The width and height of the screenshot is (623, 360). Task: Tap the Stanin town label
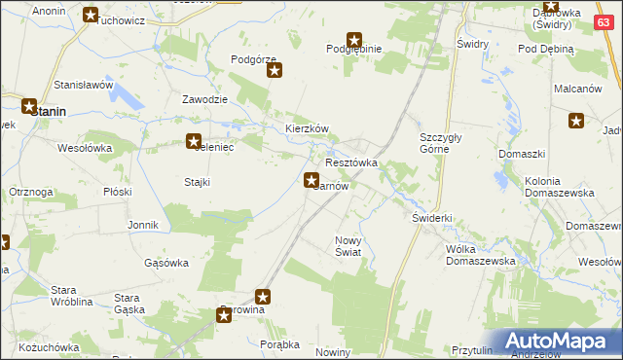49,112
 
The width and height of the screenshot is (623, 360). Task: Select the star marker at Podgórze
275,70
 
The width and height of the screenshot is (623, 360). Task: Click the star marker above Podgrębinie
354,40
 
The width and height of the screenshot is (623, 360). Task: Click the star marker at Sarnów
311,179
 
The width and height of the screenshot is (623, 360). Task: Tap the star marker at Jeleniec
194,142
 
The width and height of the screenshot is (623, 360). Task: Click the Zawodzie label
205,100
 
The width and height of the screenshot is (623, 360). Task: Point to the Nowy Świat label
348,246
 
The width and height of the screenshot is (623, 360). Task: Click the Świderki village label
432,219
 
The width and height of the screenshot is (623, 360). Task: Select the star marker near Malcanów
576,121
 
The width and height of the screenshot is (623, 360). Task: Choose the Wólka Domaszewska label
479,255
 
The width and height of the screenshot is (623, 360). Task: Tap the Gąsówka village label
165,263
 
